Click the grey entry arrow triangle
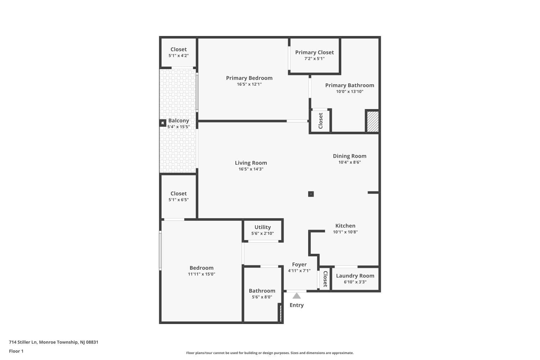coord(296,296)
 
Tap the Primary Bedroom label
coord(249,78)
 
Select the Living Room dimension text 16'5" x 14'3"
coord(251,169)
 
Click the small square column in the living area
coord(311,194)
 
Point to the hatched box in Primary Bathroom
coord(373,122)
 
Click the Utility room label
coord(262,227)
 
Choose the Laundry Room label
coord(355,276)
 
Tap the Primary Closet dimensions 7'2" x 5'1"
coord(314,59)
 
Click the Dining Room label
coord(350,156)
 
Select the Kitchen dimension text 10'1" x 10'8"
coord(345,232)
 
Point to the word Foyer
coord(299,264)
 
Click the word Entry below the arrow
coord(297,305)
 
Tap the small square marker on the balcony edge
coord(163,123)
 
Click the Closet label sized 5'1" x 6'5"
coord(179,193)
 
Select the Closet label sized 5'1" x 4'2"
coord(179,49)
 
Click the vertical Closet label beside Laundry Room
coord(325,279)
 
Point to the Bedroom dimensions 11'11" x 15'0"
coord(202,274)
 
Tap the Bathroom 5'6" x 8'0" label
coord(262,291)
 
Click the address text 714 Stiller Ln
coord(54,342)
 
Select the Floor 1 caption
coord(16,351)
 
